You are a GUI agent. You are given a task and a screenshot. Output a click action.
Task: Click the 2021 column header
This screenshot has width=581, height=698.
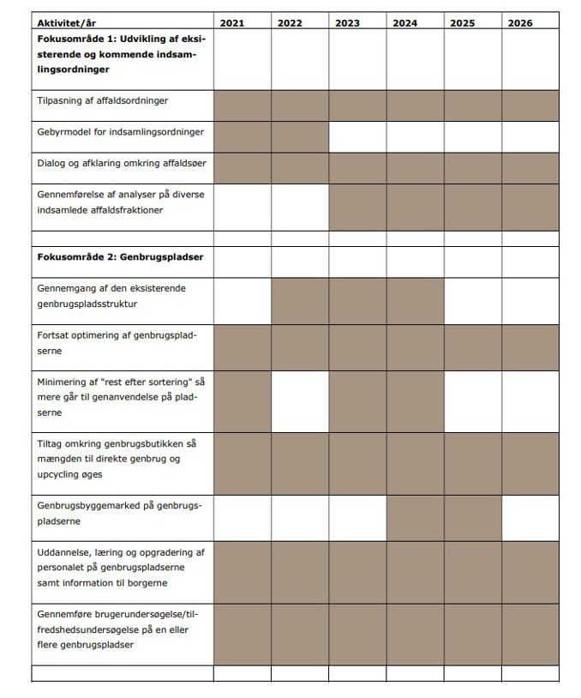point(231,22)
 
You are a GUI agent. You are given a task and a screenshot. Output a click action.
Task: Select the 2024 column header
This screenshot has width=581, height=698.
point(404,22)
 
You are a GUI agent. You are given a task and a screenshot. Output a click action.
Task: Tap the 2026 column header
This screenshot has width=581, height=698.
point(519,22)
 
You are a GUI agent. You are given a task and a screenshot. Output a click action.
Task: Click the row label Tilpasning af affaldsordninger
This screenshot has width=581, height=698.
point(102,101)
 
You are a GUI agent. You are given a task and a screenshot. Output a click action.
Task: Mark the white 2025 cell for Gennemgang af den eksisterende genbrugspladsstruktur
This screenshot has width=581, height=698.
point(472,300)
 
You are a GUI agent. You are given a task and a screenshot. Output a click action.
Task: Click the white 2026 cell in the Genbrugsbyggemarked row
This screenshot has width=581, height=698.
point(530,517)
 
